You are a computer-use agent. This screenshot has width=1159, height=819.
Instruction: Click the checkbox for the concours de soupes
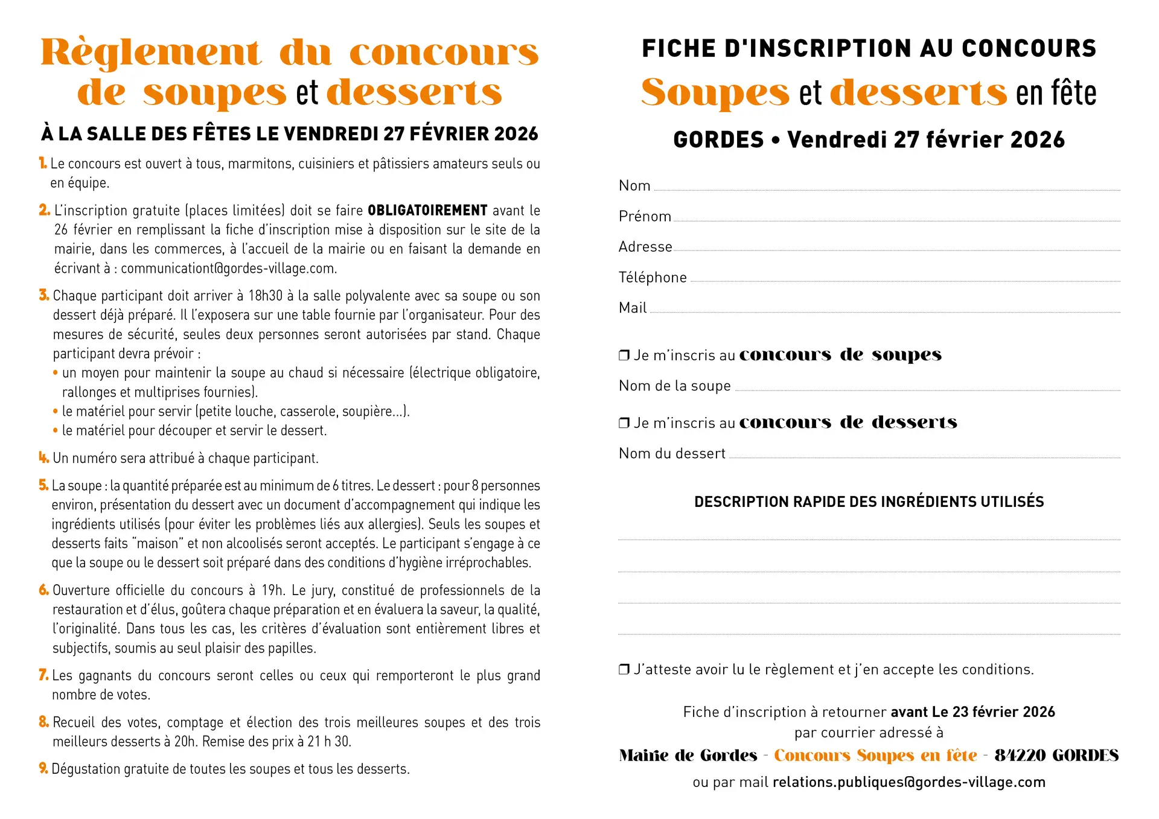(x=624, y=355)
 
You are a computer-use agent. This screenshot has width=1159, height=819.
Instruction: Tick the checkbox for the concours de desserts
(x=624, y=423)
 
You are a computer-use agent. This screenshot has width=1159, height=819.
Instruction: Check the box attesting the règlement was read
(x=624, y=669)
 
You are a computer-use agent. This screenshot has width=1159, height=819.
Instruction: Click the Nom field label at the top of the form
(x=634, y=186)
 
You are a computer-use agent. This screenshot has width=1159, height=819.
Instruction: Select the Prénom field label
(x=645, y=217)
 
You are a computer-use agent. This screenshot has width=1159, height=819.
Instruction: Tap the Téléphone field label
(x=653, y=278)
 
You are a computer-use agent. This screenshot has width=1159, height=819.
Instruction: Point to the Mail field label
(x=633, y=308)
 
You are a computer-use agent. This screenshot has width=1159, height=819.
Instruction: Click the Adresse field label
(x=645, y=247)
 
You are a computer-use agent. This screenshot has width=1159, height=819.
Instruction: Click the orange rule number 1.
(x=43, y=163)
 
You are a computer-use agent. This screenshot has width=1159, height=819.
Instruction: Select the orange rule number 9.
(x=43, y=768)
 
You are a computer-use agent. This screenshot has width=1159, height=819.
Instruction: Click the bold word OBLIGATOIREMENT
(x=427, y=211)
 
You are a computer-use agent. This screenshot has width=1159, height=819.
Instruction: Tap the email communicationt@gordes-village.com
(x=229, y=269)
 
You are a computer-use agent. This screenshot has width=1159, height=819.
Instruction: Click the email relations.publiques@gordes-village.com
(x=908, y=782)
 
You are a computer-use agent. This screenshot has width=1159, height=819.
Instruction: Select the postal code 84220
(x=1020, y=756)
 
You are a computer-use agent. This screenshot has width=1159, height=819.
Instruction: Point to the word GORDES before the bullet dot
(x=718, y=140)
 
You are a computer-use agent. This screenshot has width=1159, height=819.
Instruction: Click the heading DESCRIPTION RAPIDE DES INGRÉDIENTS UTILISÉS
(x=869, y=502)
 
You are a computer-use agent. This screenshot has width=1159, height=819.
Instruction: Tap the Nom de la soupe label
(x=674, y=386)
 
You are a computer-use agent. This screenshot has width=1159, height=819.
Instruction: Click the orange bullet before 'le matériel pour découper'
(x=56, y=431)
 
